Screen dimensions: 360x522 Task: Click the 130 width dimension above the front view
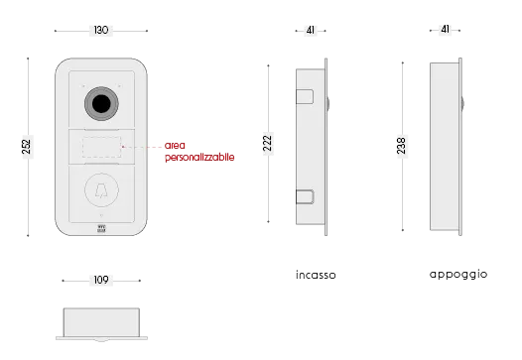(100, 31)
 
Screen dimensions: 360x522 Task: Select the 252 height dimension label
(24, 147)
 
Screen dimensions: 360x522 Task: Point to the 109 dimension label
(100, 280)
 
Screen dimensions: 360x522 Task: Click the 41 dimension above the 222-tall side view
(312, 31)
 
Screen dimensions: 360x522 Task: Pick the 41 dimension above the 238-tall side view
(445, 29)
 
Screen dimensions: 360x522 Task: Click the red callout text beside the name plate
(198, 157)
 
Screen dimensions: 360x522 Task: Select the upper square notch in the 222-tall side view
(305, 99)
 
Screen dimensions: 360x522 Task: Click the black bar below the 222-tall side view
(317, 277)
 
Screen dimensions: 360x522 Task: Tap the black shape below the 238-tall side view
(458, 273)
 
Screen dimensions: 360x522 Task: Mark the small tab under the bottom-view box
(102, 344)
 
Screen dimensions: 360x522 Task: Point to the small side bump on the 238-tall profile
(463, 102)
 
